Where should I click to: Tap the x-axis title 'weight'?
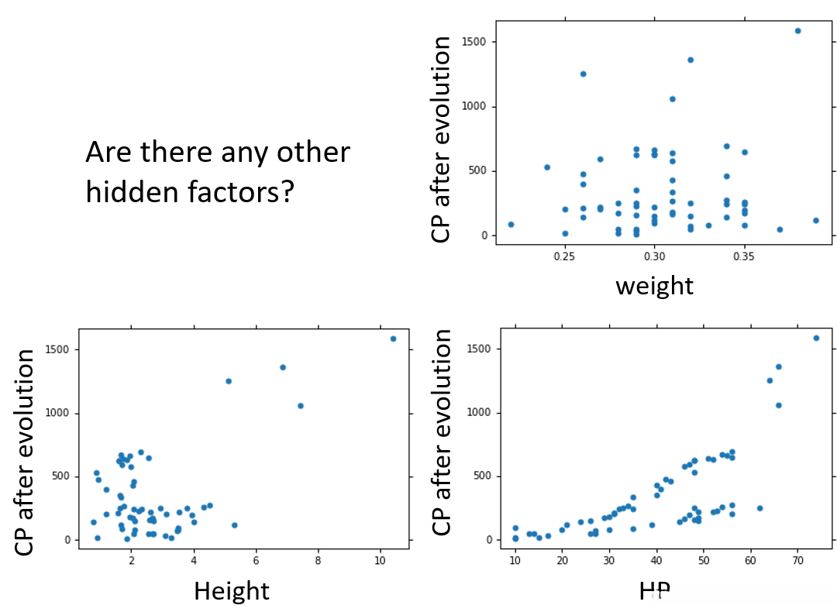tap(654, 286)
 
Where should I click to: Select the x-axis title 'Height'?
tap(231, 591)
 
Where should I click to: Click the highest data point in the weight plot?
tap(797, 31)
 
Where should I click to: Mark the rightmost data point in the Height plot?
tap(393, 339)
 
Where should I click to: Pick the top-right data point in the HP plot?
tap(816, 338)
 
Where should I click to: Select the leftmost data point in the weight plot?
tap(511, 225)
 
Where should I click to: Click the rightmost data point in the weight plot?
tap(815, 221)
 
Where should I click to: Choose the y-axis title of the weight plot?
tap(442, 139)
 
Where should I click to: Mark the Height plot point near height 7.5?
tap(301, 406)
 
